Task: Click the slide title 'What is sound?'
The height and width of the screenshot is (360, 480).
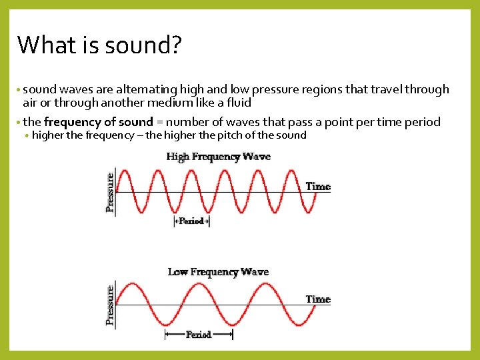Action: [x=99, y=45]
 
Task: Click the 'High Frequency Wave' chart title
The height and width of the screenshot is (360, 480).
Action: [x=218, y=157]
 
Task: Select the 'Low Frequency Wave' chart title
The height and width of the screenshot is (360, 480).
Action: [x=218, y=272]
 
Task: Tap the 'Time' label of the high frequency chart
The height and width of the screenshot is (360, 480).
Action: [x=318, y=187]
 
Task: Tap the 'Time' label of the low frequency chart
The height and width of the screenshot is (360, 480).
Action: [x=318, y=299]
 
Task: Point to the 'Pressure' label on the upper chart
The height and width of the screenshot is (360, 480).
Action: [x=110, y=193]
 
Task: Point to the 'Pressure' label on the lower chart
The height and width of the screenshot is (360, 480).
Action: [x=110, y=306]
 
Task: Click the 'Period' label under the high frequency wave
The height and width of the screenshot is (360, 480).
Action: [x=191, y=221]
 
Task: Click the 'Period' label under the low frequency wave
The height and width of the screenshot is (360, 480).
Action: [x=198, y=334]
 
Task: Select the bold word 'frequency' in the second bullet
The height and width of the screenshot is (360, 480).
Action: [x=71, y=122]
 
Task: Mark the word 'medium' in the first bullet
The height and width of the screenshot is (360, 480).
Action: [x=173, y=103]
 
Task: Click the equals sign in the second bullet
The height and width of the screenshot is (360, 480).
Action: [x=159, y=122]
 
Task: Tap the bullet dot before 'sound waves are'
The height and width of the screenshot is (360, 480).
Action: [x=19, y=90]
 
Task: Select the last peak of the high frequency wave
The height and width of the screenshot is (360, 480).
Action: [x=292, y=171]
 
